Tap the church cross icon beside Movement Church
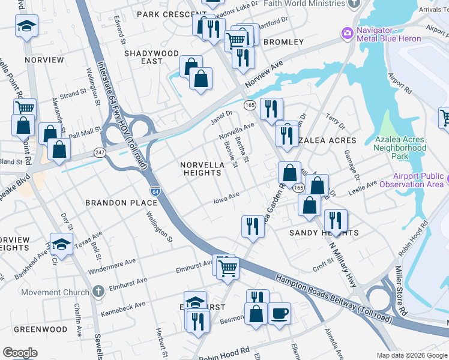[98, 292]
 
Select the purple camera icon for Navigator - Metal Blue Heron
[346, 34]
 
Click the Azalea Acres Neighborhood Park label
[400, 148]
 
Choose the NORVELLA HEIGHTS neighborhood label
[202, 169]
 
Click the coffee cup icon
[279, 313]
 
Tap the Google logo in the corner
[20, 353]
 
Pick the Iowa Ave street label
[227, 198]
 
